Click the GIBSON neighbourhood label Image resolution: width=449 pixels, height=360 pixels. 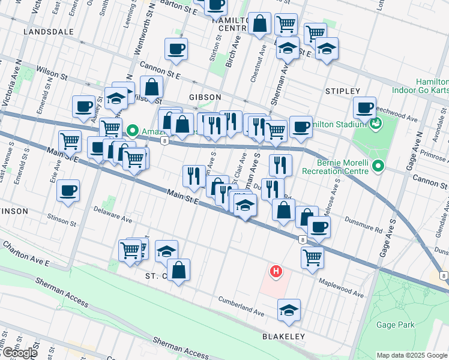pyautogui.click(x=205, y=97)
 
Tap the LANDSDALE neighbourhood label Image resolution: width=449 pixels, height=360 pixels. pyautogui.click(x=48, y=31)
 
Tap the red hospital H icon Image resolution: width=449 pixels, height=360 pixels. pyautogui.click(x=276, y=272)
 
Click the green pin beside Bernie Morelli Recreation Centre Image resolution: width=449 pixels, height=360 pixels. pyautogui.click(x=378, y=165)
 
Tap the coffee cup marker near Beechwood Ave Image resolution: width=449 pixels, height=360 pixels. pyautogui.click(x=364, y=107)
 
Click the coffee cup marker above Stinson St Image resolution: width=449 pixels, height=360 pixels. pyautogui.click(x=68, y=191)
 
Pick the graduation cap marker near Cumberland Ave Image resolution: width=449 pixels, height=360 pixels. pyautogui.click(x=289, y=310)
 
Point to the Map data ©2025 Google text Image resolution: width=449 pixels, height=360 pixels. pyautogui.click(x=411, y=355)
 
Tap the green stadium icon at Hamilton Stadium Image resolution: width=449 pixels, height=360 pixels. pyautogui.click(x=376, y=124)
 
